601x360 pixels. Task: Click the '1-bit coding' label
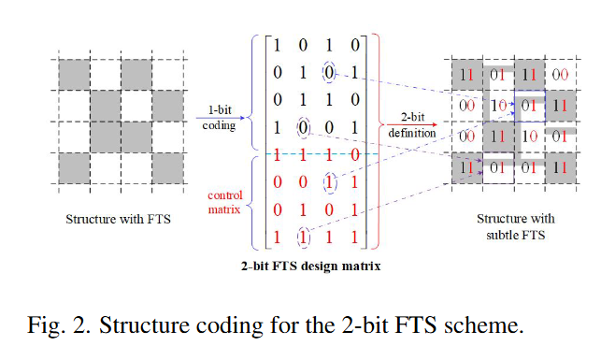click(x=220, y=117)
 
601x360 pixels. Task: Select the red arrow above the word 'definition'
click(x=411, y=124)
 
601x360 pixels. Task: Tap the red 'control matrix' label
click(x=225, y=202)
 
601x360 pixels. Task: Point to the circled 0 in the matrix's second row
click(x=329, y=72)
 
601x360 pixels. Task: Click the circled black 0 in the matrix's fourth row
click(x=303, y=128)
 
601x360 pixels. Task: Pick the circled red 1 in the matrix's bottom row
click(x=303, y=238)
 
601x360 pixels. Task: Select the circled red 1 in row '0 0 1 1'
click(x=330, y=182)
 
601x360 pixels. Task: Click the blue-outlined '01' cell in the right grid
click(x=529, y=107)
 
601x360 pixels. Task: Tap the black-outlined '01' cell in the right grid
click(x=498, y=168)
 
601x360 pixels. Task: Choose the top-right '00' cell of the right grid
click(x=560, y=75)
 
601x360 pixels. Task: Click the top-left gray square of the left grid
click(x=75, y=75)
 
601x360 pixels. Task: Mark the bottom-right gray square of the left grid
click(x=167, y=168)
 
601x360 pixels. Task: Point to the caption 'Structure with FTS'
click(x=118, y=219)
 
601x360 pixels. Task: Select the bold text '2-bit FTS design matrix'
click(x=310, y=266)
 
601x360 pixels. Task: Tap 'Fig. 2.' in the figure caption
click(x=59, y=325)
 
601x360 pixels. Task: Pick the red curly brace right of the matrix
click(x=378, y=141)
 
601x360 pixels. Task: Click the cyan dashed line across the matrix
click(x=322, y=154)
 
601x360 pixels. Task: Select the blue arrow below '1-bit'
click(x=221, y=118)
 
